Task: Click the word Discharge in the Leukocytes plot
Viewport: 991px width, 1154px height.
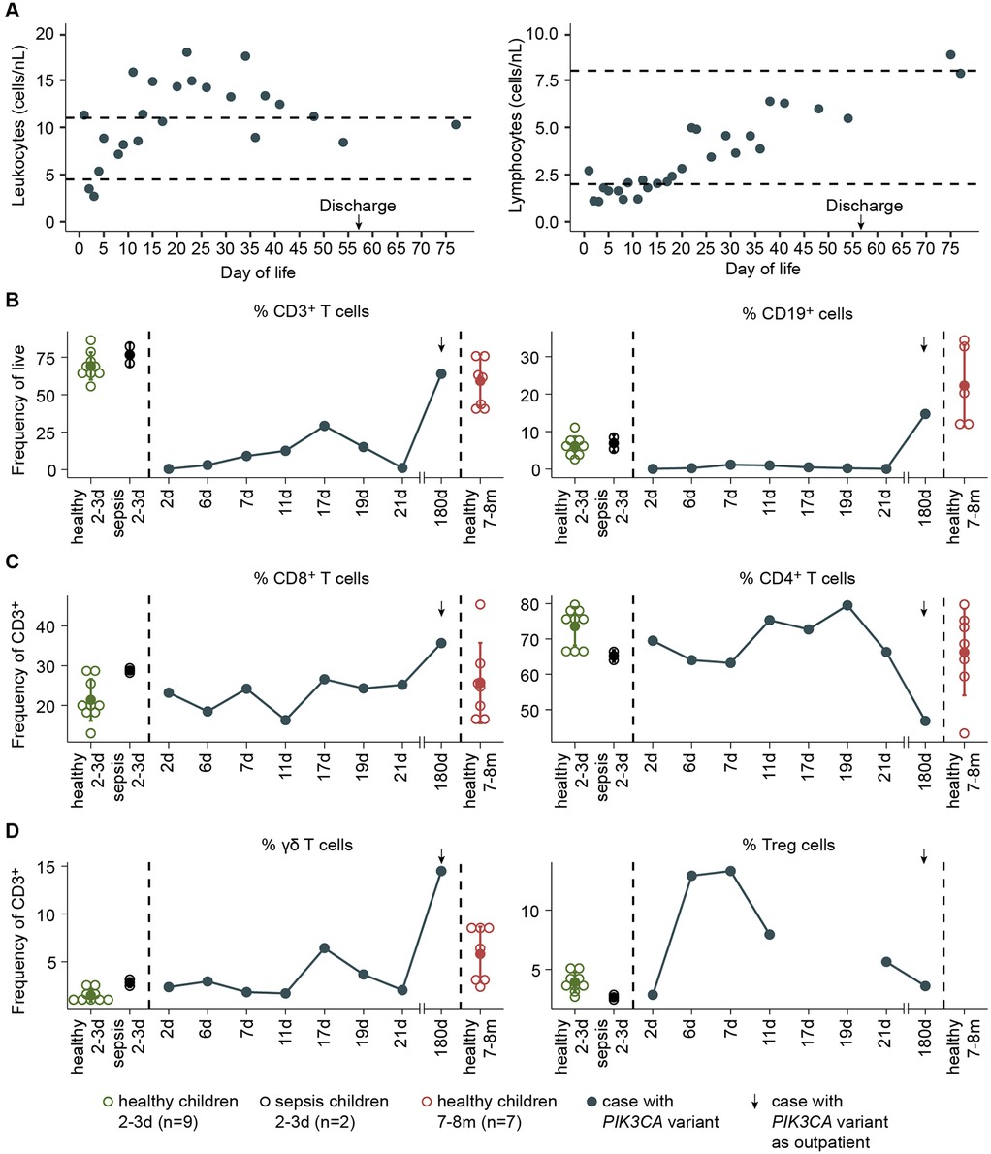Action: pyautogui.click(x=359, y=206)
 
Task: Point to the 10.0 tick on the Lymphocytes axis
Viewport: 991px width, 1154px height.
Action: pyautogui.click(x=557, y=34)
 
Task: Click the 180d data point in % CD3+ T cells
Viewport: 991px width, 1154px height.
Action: pyautogui.click(x=441, y=373)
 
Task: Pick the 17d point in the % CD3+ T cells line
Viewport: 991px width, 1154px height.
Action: pyautogui.click(x=325, y=426)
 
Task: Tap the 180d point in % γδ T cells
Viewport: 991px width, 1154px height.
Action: pyautogui.click(x=441, y=871)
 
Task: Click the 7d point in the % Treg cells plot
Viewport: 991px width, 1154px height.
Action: pyautogui.click(x=730, y=871)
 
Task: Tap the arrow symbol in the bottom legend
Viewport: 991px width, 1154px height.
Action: pyautogui.click(x=756, y=1103)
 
